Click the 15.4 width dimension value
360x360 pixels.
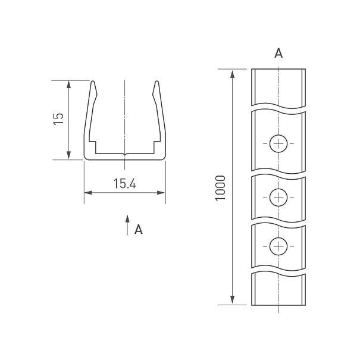(x=125, y=183)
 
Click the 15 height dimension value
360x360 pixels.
(x=58, y=118)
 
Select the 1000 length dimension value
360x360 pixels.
(x=220, y=188)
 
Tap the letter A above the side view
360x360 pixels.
(x=278, y=53)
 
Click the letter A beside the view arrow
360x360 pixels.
(x=139, y=229)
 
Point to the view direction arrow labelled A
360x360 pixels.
(x=127, y=225)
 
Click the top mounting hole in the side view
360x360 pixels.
(x=278, y=144)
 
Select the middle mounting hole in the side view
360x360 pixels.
(x=278, y=198)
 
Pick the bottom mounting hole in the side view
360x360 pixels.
(x=278, y=246)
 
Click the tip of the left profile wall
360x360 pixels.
(x=93, y=81)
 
